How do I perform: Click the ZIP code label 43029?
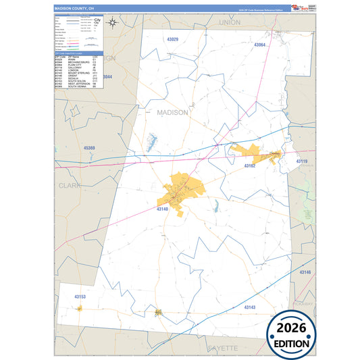(x=172, y=40)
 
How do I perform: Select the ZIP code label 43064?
(x=260, y=45)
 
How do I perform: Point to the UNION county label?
(x=230, y=22)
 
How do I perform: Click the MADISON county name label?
(x=172, y=113)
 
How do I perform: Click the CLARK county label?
(x=70, y=184)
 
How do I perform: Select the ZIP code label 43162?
(x=250, y=165)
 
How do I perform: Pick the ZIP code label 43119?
(x=301, y=161)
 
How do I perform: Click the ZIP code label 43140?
(x=163, y=209)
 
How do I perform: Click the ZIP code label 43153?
(x=80, y=297)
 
